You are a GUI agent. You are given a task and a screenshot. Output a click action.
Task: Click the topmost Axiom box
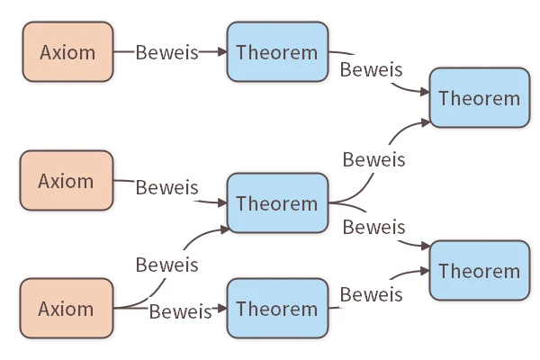point(67,51)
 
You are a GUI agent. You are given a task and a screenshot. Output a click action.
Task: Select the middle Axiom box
point(67,181)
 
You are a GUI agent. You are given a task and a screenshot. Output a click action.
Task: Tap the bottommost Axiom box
point(67,309)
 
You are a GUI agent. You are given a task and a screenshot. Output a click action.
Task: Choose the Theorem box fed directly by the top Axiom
point(277,51)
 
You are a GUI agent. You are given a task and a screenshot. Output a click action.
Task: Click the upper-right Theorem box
point(480,98)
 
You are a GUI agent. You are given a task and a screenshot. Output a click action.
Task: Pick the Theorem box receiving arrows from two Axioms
point(277,203)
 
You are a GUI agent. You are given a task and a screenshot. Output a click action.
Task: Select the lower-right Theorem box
point(480,270)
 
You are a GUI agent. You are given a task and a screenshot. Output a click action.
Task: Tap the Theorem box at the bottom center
point(277,309)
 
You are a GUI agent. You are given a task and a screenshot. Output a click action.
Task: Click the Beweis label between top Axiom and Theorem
point(166,51)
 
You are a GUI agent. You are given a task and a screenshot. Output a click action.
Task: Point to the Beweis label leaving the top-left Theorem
point(371,69)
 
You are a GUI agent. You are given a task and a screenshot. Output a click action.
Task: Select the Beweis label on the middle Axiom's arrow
point(166,188)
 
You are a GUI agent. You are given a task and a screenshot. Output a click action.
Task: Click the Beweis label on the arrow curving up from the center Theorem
point(373,159)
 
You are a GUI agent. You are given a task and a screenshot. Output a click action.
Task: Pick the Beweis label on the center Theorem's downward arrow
point(373,227)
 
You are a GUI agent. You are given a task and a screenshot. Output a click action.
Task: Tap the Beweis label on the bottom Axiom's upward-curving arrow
point(166,265)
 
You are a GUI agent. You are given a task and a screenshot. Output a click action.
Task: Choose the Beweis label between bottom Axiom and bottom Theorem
point(180,311)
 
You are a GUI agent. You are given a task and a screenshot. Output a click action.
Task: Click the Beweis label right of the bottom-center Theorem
point(371,294)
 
